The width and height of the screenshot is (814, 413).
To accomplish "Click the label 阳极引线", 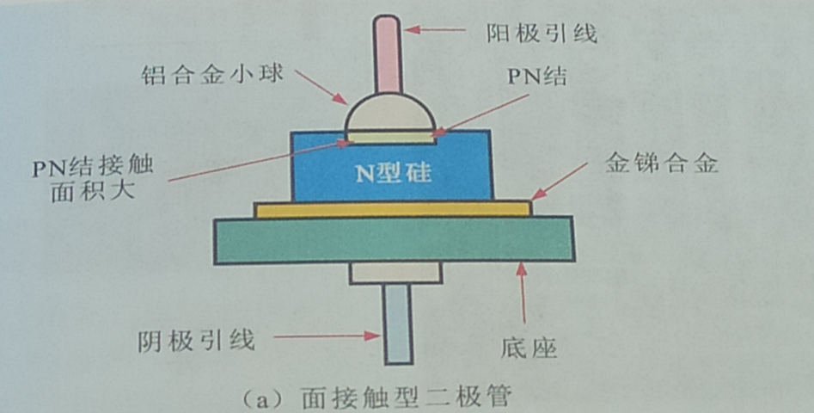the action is [542, 34].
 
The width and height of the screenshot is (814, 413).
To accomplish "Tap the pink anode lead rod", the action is [388, 56].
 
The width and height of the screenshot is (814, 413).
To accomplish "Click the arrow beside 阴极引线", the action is [331, 336].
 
